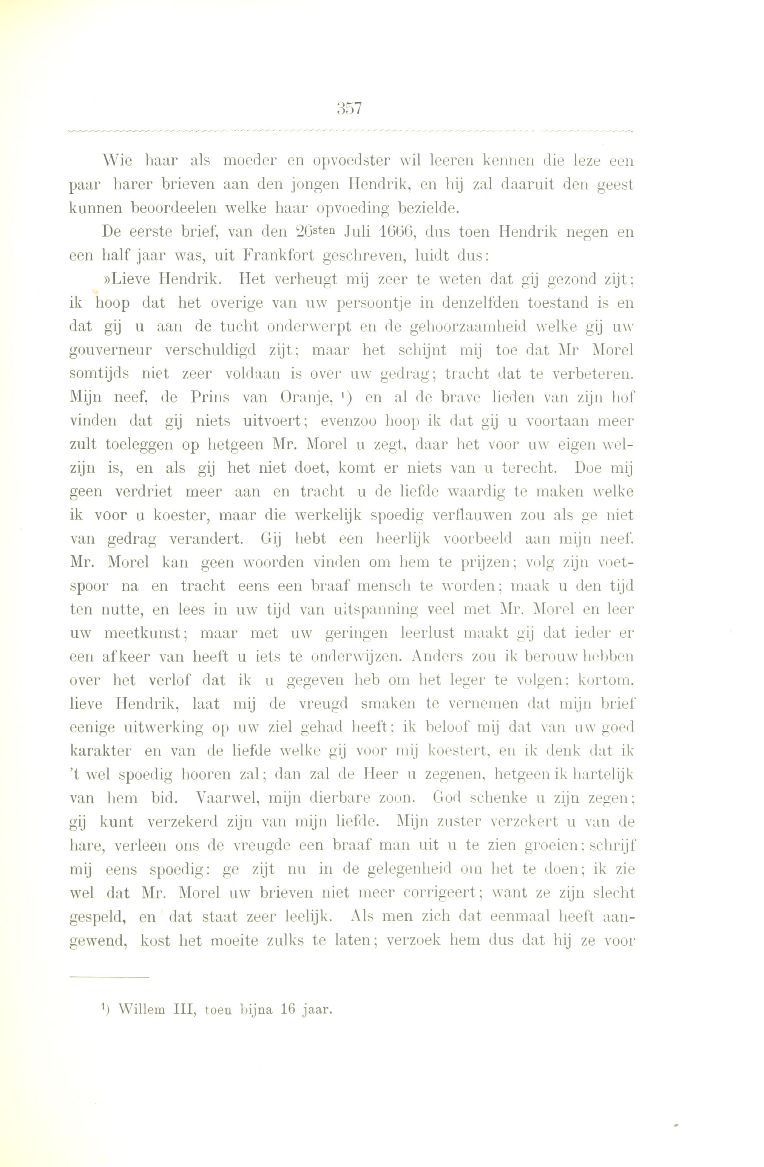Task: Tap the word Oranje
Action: pyautogui.click(x=307, y=398)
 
